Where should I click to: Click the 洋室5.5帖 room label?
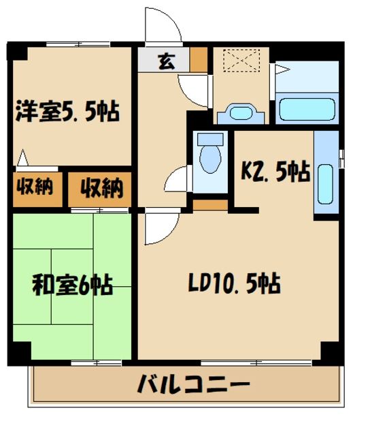pyautogui.click(x=67, y=110)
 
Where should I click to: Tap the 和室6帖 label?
pyautogui.click(x=72, y=284)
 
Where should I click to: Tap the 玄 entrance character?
pyautogui.click(x=165, y=60)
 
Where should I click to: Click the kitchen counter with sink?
pyautogui.click(x=326, y=174)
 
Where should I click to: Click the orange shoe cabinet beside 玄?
pyautogui.click(x=199, y=61)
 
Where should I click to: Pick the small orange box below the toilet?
pyautogui.click(x=209, y=204)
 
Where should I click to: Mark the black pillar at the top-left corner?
pyautogui.click(x=16, y=52)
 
